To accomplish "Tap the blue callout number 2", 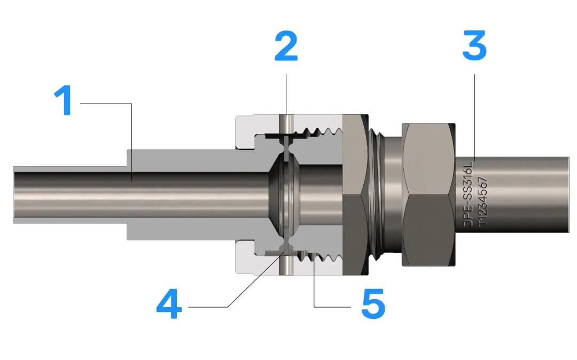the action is (x=286, y=46).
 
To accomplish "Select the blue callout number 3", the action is (x=474, y=45).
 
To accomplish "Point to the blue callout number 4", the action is (x=169, y=304).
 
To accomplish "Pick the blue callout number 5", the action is (x=373, y=304).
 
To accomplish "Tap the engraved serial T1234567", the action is (x=482, y=201).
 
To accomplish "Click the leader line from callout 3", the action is (x=474, y=118).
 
